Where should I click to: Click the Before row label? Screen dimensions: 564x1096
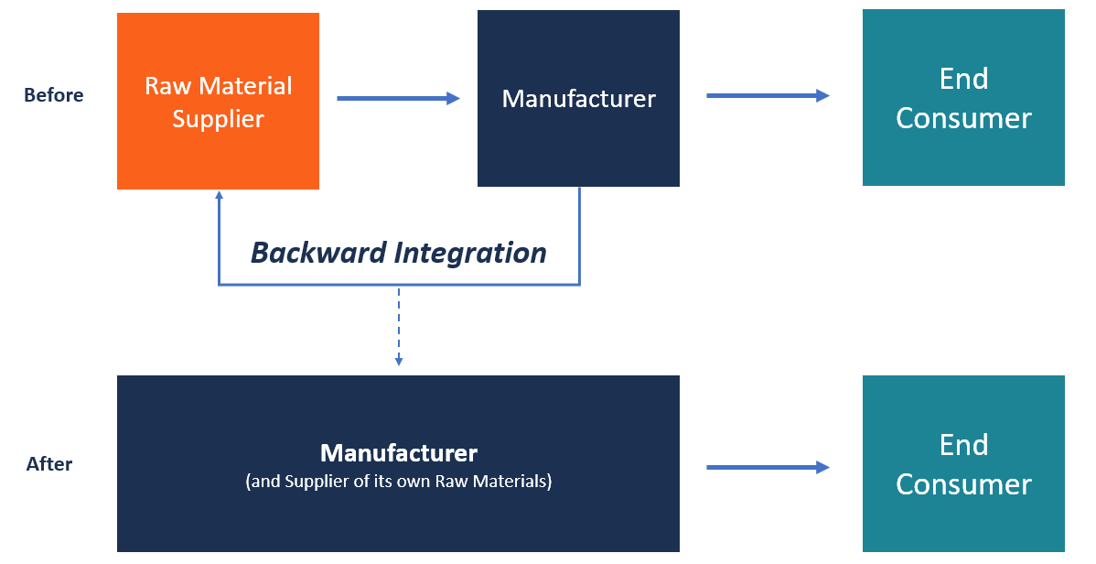pyautogui.click(x=53, y=95)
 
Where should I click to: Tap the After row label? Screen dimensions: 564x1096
pyautogui.click(x=49, y=464)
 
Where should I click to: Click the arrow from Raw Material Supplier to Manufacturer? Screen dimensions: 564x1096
pyautogui.click(x=398, y=99)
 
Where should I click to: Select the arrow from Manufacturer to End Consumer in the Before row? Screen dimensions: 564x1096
pyautogui.click(x=767, y=95)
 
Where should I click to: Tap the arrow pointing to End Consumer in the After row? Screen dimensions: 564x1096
pyautogui.click(x=767, y=468)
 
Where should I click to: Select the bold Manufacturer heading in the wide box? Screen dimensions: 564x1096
pyautogui.click(x=399, y=453)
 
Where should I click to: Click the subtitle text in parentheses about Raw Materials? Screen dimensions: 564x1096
pyautogui.click(x=399, y=481)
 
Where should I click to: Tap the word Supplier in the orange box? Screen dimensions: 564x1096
pyautogui.click(x=218, y=119)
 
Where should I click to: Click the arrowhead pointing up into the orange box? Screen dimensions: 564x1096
pyautogui.click(x=218, y=196)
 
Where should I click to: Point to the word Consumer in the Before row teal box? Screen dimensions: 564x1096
pyautogui.click(x=963, y=118)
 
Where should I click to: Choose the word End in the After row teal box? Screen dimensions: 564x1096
pyautogui.click(x=963, y=445)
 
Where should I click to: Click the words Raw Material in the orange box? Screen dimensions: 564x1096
pyautogui.click(x=218, y=86)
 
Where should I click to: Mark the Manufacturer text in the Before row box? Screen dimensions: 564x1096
pyautogui.click(x=578, y=99)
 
